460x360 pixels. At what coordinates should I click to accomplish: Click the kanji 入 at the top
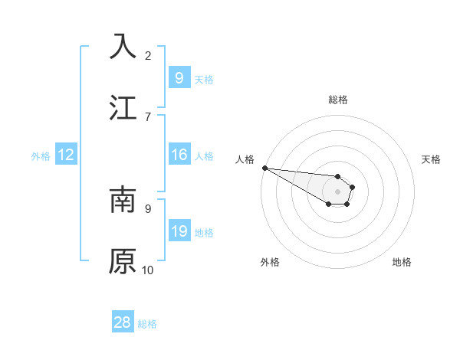coord(123,46)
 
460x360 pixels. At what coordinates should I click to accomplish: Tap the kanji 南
coord(123,200)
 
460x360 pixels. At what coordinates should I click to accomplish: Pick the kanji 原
coord(123,261)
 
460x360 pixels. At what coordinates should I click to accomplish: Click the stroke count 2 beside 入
coord(148,56)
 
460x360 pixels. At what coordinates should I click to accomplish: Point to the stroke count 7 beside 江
coord(148,117)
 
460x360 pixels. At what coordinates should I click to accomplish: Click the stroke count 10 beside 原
coord(148,270)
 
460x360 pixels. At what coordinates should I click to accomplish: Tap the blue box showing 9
coord(179,78)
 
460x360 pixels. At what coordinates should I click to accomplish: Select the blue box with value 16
coord(179,155)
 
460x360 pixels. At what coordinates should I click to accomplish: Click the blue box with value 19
coord(179,231)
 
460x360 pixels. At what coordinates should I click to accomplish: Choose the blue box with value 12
coord(66,155)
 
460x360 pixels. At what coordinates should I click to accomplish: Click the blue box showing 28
coord(123,322)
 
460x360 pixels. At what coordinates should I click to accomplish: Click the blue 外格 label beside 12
coord(41,156)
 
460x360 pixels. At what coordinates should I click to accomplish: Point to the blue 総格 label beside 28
coord(147,324)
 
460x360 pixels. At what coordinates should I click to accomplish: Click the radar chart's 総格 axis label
coord(337,100)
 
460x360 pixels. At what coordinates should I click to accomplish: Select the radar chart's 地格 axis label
coord(402,262)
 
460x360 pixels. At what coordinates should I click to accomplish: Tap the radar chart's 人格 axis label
coord(245,159)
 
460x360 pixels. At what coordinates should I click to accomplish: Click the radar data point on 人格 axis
coord(264,168)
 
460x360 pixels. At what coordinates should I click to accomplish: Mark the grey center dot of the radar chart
coord(337,191)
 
